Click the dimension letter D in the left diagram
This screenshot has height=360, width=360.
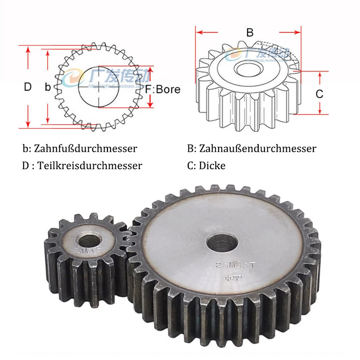[28, 87]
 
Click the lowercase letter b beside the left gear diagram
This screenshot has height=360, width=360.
[48, 87]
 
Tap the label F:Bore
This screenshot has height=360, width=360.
[163, 90]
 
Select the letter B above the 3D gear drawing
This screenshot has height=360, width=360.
[250, 33]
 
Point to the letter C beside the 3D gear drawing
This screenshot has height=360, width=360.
[319, 94]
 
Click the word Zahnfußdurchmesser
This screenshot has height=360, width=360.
[85, 148]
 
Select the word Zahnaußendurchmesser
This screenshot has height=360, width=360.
[258, 148]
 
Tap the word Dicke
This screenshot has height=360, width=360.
[212, 165]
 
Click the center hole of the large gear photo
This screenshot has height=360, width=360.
[222, 243]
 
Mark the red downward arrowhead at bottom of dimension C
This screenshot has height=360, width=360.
[319, 111]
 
